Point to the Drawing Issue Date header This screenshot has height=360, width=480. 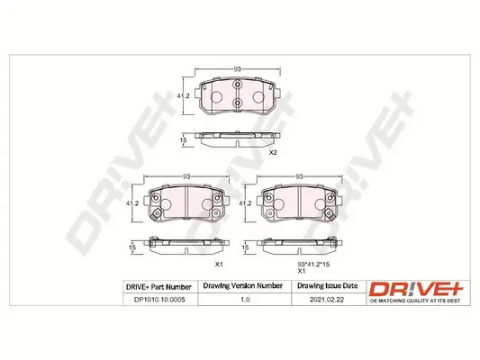tap(326, 286)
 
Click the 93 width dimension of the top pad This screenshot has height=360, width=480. tap(237, 68)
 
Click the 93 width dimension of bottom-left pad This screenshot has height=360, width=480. tap(186, 178)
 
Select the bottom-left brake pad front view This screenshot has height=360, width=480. tap(186, 206)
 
